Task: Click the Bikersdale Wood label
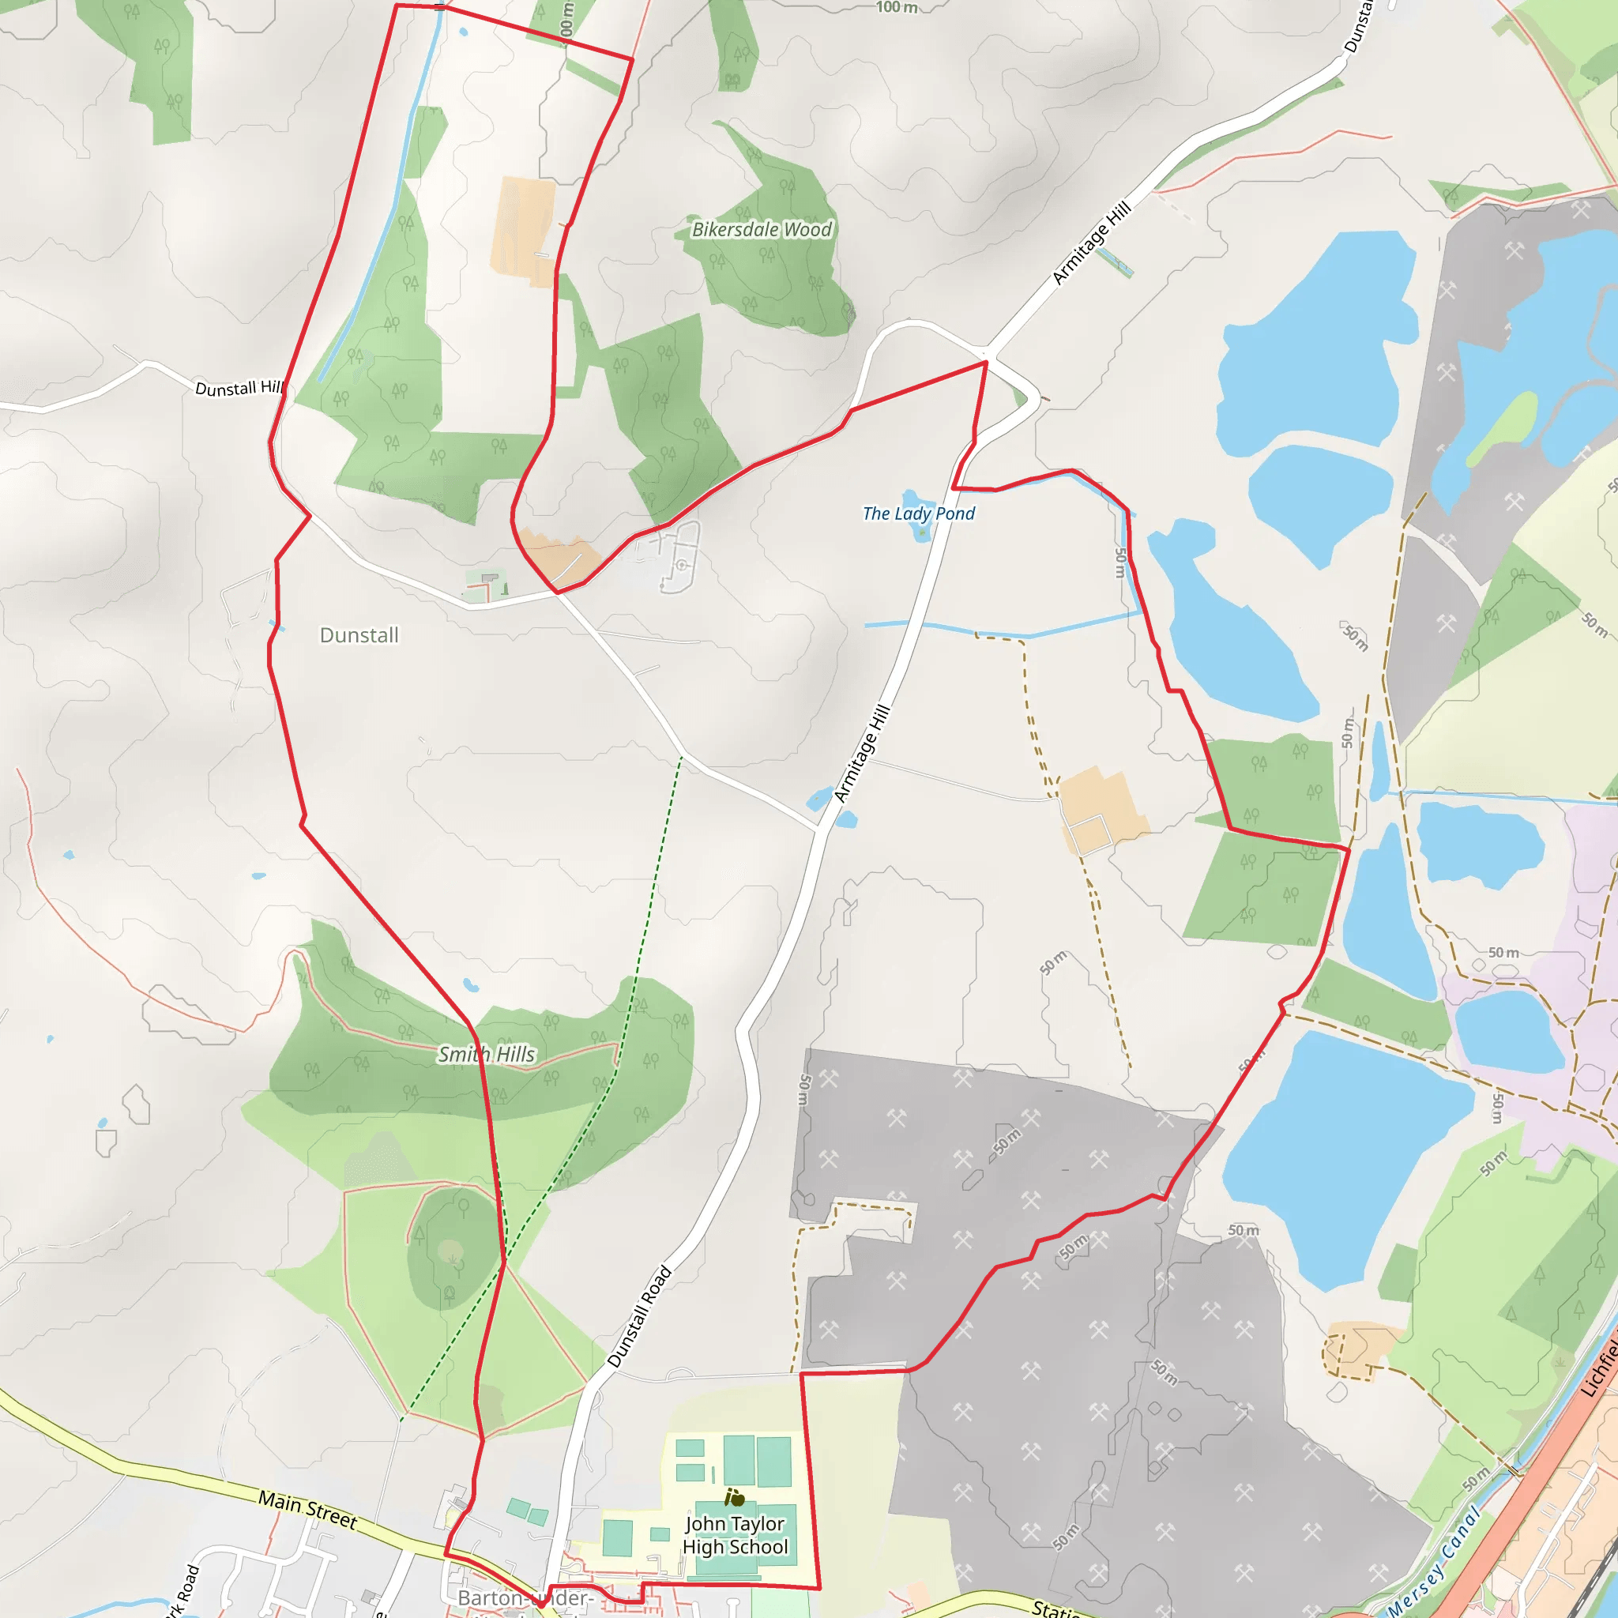(762, 229)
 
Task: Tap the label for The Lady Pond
(919, 514)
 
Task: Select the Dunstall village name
(359, 635)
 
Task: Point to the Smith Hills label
(487, 1055)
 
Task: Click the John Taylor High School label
(736, 1535)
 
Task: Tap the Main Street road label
(307, 1509)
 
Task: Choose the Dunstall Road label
(640, 1316)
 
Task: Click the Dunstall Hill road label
(239, 388)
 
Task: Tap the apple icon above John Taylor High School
(736, 1497)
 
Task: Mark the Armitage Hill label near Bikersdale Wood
(1091, 243)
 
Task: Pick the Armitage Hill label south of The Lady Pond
(863, 754)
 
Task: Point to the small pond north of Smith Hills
(471, 986)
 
